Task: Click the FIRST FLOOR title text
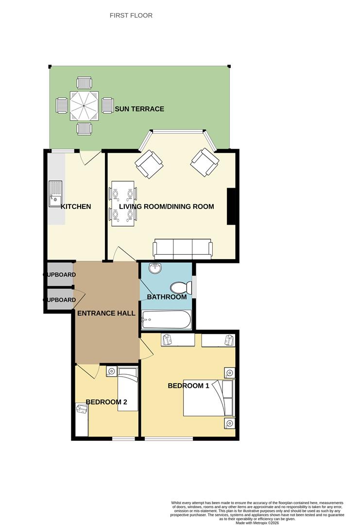tap(131, 16)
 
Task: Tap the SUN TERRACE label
tap(139, 109)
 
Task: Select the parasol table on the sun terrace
tap(84, 105)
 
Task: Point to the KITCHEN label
tap(76, 207)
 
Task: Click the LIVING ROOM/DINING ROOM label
tap(173, 207)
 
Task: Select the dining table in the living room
tap(123, 203)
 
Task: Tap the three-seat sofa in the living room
tap(183, 249)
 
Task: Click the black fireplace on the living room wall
tap(232, 206)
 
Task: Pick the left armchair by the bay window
tap(149, 163)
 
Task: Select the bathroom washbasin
tap(154, 269)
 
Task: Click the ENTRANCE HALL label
tap(106, 314)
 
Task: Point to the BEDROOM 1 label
tap(188, 386)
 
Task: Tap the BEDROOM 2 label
tap(106, 402)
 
